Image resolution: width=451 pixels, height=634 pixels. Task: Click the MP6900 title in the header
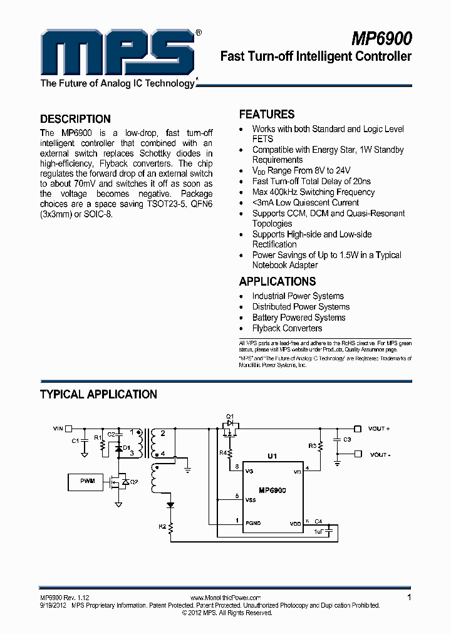[x=381, y=38]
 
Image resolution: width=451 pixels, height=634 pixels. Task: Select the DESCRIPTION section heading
[x=75, y=119]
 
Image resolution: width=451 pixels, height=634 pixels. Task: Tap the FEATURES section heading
[x=267, y=115]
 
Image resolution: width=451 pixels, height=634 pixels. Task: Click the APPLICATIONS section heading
[x=277, y=281]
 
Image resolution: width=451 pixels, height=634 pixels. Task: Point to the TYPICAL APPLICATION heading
[x=98, y=395]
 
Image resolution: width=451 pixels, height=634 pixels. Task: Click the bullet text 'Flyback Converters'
[x=287, y=328]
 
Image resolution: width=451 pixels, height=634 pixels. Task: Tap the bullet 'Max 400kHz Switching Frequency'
[x=313, y=192]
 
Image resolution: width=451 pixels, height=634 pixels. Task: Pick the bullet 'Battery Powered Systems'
[x=299, y=318]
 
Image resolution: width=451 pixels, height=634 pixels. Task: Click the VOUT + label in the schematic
[x=379, y=429]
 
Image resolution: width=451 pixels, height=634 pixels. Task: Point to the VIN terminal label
[x=58, y=429]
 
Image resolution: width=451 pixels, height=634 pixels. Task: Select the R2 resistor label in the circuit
[x=163, y=527]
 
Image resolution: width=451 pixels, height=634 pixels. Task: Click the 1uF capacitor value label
[x=319, y=531]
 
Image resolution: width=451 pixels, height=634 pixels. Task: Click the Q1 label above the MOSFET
[x=230, y=416]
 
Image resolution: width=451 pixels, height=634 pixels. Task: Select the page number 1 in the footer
[x=409, y=598]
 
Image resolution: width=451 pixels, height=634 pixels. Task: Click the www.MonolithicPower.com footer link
[x=224, y=598]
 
